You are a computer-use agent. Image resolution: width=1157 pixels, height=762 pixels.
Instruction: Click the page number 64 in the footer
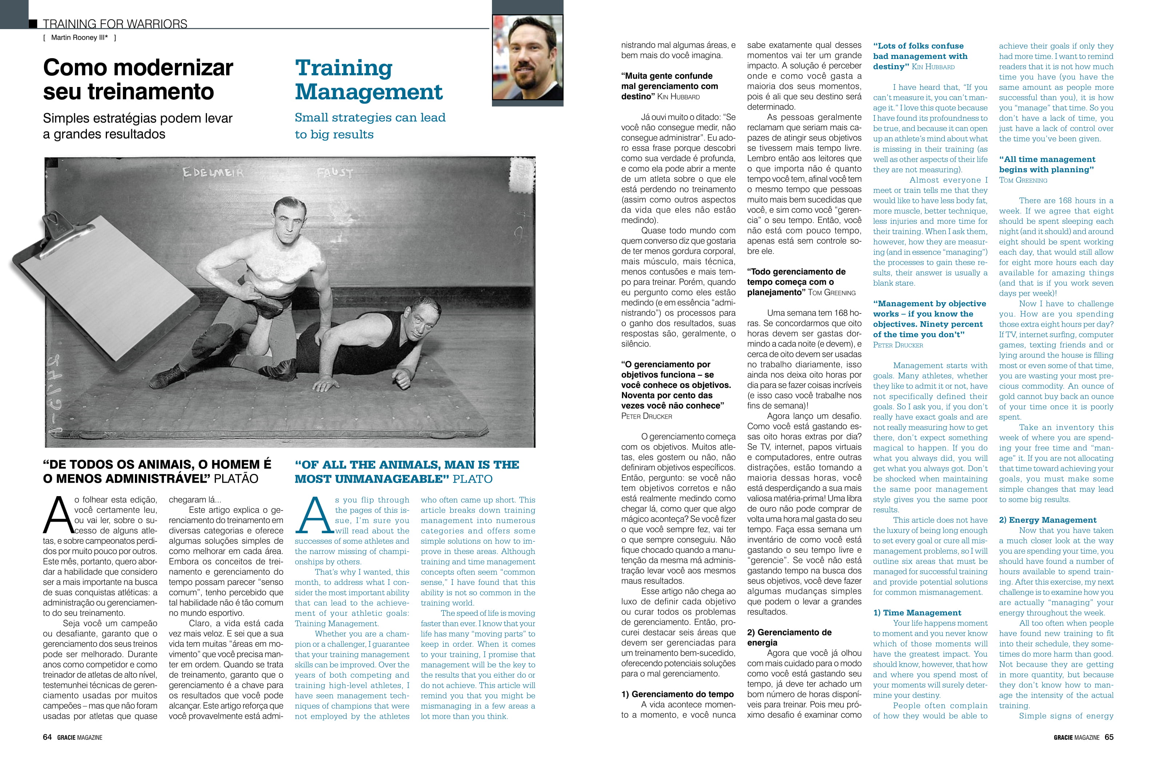47,737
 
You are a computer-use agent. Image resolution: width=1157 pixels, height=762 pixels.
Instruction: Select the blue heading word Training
344,68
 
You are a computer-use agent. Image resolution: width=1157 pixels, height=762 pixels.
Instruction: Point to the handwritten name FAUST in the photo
335,173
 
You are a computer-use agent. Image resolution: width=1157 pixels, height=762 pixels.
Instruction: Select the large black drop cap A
57,514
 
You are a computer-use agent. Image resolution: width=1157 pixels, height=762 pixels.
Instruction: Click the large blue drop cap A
313,514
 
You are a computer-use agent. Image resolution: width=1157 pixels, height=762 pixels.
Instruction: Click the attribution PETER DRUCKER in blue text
897,345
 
